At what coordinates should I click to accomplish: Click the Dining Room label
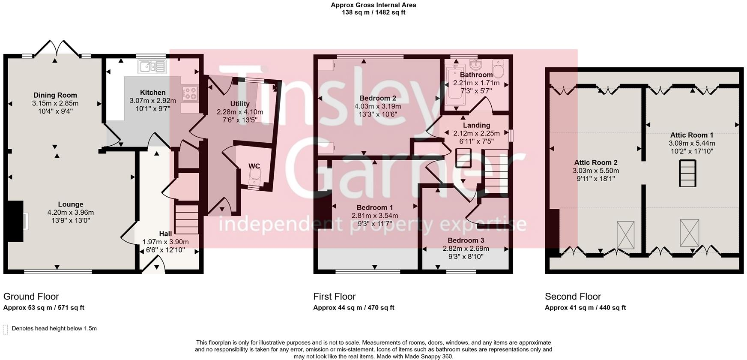click(55, 95)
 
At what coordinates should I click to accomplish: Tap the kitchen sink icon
click(152, 67)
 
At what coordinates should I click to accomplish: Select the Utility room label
click(239, 104)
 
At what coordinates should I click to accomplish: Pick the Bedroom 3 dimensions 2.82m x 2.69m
click(466, 249)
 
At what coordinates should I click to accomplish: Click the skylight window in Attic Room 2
click(625, 235)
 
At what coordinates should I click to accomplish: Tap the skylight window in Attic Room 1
click(689, 233)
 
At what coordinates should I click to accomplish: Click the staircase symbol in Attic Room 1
click(688, 173)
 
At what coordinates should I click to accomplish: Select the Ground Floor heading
click(31, 297)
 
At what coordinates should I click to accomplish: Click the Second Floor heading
click(573, 297)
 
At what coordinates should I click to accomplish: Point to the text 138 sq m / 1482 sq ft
click(373, 12)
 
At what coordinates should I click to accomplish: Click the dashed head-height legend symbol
click(6, 329)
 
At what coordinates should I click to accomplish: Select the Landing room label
click(476, 126)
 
